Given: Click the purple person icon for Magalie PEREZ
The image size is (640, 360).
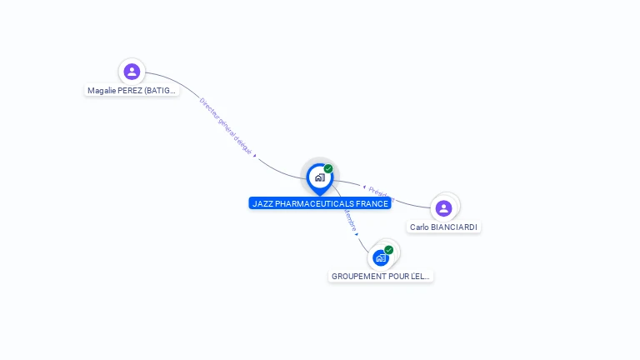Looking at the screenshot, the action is click(x=131, y=72).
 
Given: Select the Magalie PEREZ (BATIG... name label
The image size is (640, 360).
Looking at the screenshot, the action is click(x=132, y=91).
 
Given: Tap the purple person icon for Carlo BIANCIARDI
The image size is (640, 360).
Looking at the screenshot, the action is click(x=443, y=207).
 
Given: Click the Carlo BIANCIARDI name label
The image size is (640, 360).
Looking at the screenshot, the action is click(x=445, y=227).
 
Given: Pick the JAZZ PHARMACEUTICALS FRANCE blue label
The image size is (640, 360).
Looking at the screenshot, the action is click(x=320, y=203).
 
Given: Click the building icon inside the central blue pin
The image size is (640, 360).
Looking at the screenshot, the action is click(x=319, y=177).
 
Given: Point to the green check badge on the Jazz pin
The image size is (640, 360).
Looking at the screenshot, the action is click(x=328, y=169).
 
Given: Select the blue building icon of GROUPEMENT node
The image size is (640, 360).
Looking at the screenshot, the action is click(x=381, y=257).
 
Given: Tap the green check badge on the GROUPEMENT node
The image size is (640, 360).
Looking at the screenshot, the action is click(x=388, y=250).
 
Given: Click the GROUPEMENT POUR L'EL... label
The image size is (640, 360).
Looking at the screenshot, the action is click(x=381, y=276).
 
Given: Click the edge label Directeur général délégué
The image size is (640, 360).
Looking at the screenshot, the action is click(x=225, y=126).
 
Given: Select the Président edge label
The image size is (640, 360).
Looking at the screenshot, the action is click(x=381, y=192).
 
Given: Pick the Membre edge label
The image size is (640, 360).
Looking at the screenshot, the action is click(x=350, y=219).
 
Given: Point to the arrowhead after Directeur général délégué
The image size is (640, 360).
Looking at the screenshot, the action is click(x=254, y=156).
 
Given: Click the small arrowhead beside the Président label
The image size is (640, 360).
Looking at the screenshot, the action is click(x=364, y=187).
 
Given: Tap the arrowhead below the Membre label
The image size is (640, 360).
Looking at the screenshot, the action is click(x=356, y=234).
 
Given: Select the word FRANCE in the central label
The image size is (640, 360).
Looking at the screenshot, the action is click(x=373, y=203).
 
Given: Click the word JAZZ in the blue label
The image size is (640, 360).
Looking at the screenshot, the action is click(x=262, y=203).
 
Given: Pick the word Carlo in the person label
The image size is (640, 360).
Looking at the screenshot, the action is click(x=419, y=227).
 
